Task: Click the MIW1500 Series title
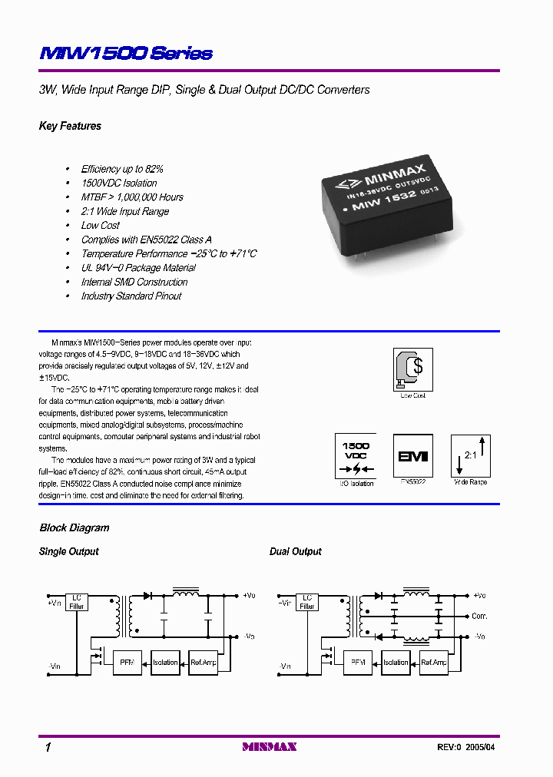coord(125,53)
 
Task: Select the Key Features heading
coord(70,126)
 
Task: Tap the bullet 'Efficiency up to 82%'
coord(122,169)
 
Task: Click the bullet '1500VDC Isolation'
coord(119,183)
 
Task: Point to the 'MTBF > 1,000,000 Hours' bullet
coord(132,197)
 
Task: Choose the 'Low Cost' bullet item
coord(100,226)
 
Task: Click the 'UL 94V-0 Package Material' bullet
coord(138,268)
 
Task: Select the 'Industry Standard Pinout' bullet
coord(131,296)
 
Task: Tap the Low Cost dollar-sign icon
coord(412,369)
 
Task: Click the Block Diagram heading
coord(74,527)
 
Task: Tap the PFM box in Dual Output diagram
coord(357,662)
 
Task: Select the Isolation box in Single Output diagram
coord(165,662)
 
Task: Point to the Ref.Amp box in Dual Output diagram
coord(434,662)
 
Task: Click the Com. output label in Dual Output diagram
coord(479,616)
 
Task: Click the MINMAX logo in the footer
coord(269,746)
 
